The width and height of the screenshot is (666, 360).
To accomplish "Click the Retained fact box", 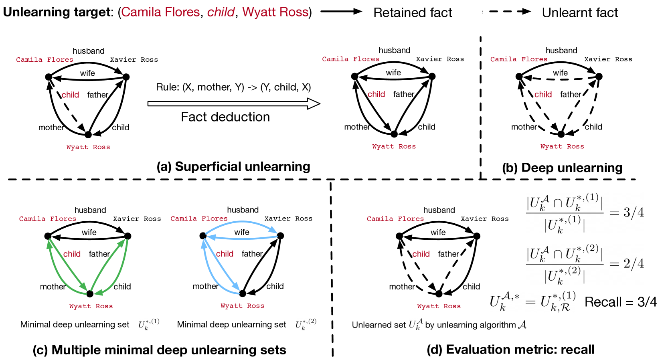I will point(423,12).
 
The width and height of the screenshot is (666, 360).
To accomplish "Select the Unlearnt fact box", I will point(599,12).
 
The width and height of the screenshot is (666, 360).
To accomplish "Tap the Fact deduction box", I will point(233,119).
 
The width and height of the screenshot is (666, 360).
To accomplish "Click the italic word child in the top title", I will point(221,12).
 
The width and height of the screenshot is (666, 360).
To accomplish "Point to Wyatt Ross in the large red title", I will point(275,12).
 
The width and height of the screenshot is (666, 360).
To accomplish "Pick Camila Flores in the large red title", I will point(160,12).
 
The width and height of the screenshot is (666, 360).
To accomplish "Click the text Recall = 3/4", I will point(620,302).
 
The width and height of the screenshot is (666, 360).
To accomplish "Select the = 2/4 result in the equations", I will point(627,263).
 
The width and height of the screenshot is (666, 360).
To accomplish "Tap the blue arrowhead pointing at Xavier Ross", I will point(273,230).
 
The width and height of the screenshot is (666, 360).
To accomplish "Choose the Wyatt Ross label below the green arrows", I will point(91,306).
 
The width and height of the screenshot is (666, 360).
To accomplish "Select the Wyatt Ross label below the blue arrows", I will point(242,305).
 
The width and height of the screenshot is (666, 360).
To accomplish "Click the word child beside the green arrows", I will point(72,254).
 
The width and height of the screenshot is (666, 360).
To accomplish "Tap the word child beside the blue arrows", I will point(225,254).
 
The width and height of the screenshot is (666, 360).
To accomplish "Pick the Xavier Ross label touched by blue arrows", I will point(288,218).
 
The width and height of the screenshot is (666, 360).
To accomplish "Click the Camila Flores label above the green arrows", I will point(48,218).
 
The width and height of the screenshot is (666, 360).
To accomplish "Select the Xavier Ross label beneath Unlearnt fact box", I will point(608,59).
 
